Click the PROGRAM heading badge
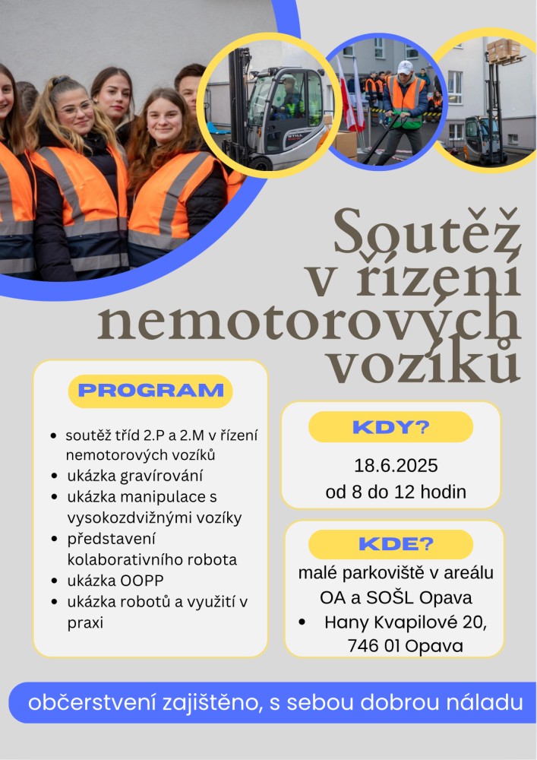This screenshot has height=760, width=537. click(150, 391)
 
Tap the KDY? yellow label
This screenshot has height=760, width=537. click(390, 426)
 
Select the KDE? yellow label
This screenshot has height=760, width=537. click(390, 544)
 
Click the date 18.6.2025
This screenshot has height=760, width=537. click(396, 466)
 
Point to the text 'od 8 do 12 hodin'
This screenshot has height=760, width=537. click(396, 492)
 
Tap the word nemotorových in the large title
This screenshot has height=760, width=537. click(308, 323)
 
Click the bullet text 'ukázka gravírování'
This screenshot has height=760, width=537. click(134, 476)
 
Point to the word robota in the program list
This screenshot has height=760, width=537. click(213, 559)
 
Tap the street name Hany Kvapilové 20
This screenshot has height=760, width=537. click(404, 622)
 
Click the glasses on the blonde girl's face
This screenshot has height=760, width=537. click(75, 109)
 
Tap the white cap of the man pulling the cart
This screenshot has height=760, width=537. click(405, 67)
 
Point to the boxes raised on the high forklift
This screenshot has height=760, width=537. click(502, 49)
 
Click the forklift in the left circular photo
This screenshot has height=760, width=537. click(278, 110)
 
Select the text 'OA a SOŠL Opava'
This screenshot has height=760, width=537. click(395, 597)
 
